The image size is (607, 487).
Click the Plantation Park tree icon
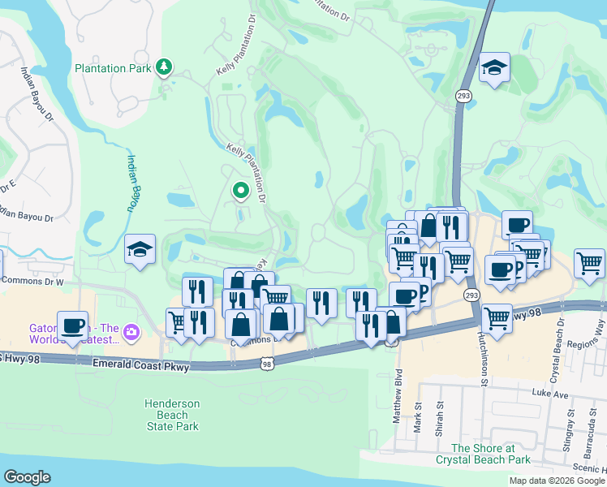[x=165, y=66]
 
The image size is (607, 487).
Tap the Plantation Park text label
[x=114, y=68]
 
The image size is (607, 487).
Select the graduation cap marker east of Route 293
[x=493, y=68]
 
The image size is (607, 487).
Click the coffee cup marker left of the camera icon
[x=73, y=326]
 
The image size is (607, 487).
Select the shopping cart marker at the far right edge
[x=589, y=263]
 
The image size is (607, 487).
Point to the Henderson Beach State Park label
[x=171, y=415]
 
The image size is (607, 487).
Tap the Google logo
[x=28, y=476]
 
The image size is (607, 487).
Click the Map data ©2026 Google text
[x=556, y=481]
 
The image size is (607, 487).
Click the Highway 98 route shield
[x=267, y=366]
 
